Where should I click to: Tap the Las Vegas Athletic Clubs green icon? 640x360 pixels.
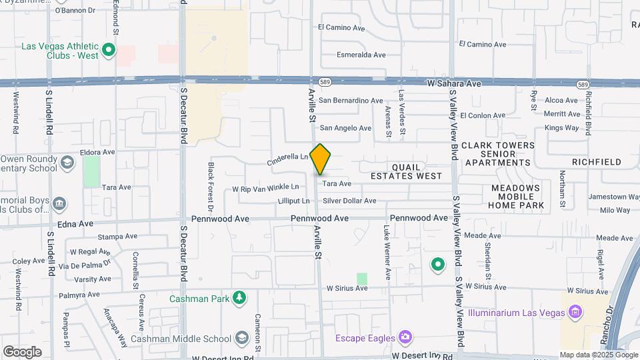pos(108,50)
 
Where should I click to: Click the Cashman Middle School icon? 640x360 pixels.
pos(241,339)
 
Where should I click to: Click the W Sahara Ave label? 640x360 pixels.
pos(453,84)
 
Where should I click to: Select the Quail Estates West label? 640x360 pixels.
pos(406,171)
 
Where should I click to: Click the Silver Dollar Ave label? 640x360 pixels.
pos(349,201)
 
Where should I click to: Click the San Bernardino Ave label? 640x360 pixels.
pos(351,101)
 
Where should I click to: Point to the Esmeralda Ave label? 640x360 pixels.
pos(361,55)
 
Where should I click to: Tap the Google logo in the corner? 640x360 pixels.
pos(22,351)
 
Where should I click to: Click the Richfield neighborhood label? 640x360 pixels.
pos(596,162)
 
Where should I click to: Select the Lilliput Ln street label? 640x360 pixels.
pos(293,201)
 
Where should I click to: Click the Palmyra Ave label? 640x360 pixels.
pos(77,294)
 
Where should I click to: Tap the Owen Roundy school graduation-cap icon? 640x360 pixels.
pos(67,163)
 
